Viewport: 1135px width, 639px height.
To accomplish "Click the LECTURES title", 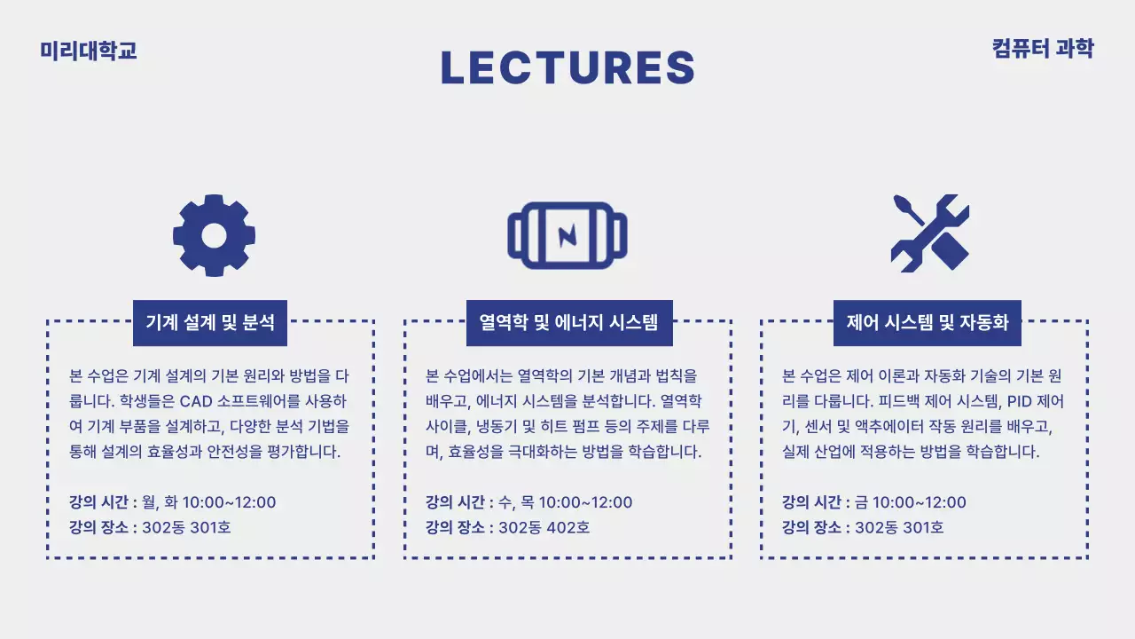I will [567, 68].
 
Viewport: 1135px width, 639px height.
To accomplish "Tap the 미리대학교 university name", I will [89, 51].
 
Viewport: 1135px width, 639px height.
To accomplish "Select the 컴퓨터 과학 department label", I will [1043, 49].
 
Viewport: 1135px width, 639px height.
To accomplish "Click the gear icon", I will [214, 234].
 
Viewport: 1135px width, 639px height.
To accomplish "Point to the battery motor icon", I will [567, 235].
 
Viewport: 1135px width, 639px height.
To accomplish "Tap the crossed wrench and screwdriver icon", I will [929, 233].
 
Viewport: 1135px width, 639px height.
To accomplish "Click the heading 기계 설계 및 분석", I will [210, 322].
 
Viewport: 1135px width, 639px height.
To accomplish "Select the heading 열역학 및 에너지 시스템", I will [569, 322].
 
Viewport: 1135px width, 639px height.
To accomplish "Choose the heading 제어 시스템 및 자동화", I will [928, 322].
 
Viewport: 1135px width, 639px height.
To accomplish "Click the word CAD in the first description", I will [198, 400].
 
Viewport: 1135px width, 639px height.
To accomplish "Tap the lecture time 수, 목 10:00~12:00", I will [566, 502].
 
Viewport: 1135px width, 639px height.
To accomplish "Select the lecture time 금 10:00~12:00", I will [911, 502].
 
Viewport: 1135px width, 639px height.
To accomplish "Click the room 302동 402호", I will [544, 528].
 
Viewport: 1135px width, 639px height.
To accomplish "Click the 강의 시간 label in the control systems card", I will [810, 502].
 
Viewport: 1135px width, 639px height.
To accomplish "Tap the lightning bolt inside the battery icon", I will [567, 235].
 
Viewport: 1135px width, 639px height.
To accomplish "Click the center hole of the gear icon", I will [214, 234].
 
